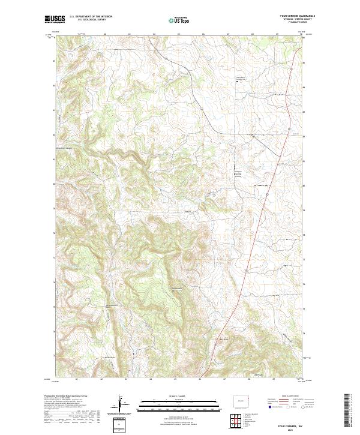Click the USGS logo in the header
click(55, 19)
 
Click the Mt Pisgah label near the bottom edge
click(251, 376)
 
